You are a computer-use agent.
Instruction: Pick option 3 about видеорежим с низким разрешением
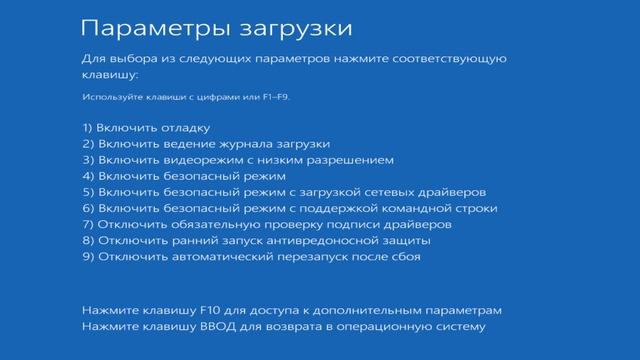coord(238,159)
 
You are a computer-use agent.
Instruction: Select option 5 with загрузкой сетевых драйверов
coord(285,192)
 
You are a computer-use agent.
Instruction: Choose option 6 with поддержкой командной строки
coord(290,208)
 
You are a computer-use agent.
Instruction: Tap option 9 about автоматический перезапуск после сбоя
coord(251,257)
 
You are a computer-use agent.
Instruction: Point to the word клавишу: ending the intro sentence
coord(109,74)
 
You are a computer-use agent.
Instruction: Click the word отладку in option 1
coord(183,127)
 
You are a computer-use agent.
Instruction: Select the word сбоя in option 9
coord(403,257)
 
